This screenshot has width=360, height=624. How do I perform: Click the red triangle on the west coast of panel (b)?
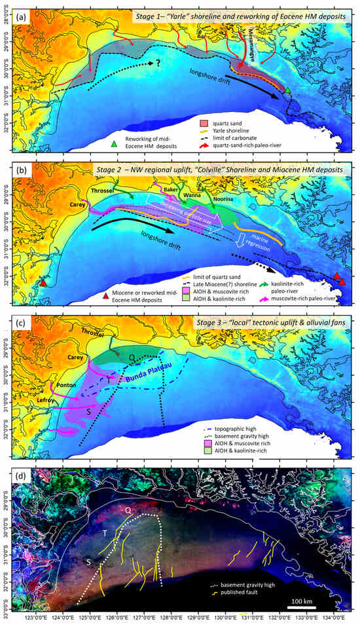click(x=43, y=284)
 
